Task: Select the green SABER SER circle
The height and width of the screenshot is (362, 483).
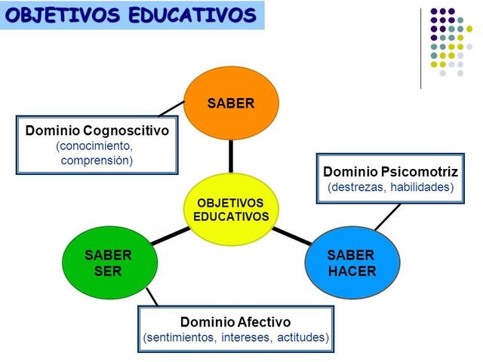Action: point(108,263)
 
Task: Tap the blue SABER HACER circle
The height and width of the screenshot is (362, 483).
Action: point(352,263)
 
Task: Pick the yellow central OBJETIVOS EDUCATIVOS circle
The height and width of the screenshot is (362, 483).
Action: point(231,210)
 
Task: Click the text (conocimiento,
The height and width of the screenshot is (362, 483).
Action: point(94,146)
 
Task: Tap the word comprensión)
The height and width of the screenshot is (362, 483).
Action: point(97,160)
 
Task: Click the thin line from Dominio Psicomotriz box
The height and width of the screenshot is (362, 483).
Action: point(387,216)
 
